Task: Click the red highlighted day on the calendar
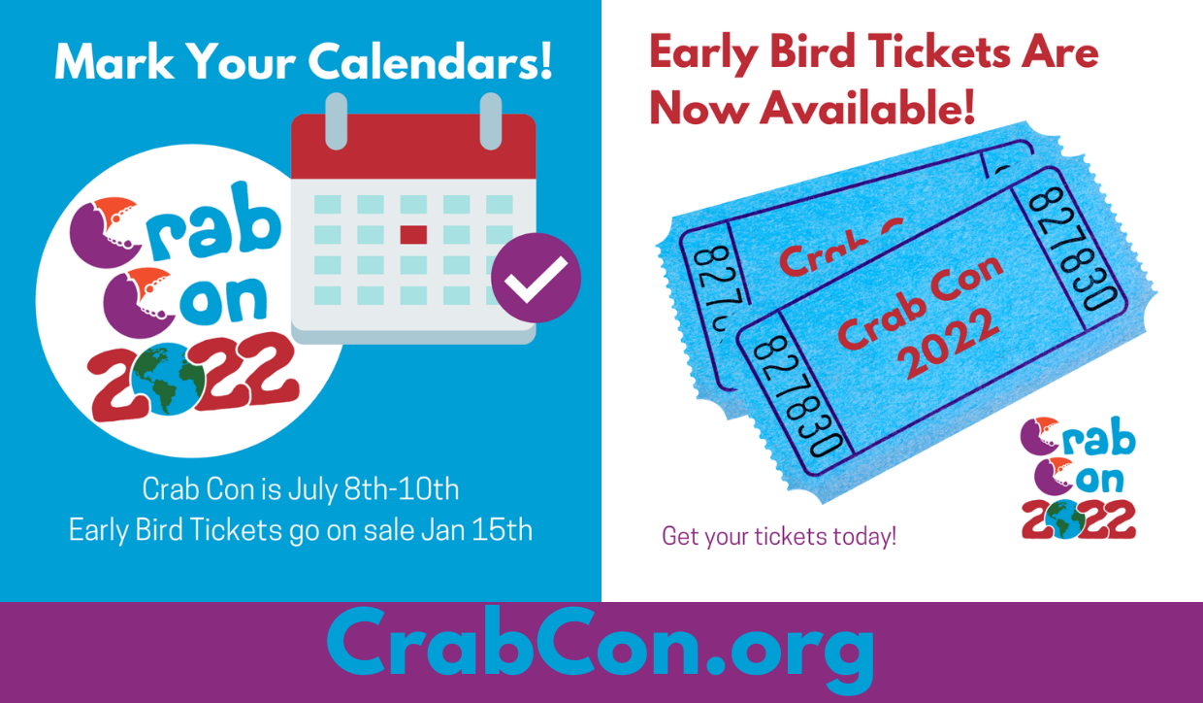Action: (413, 235)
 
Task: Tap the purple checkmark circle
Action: (536, 278)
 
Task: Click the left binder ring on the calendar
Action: (337, 121)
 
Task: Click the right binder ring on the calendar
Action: (491, 121)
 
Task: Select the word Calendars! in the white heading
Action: (430, 61)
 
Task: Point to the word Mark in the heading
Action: (114, 61)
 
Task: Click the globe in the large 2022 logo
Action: (168, 379)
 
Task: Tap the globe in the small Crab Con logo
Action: (1062, 519)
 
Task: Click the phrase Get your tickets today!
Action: (779, 536)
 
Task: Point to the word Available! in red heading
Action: (867, 108)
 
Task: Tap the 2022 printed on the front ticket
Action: (950, 343)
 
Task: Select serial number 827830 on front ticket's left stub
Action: (798, 396)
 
